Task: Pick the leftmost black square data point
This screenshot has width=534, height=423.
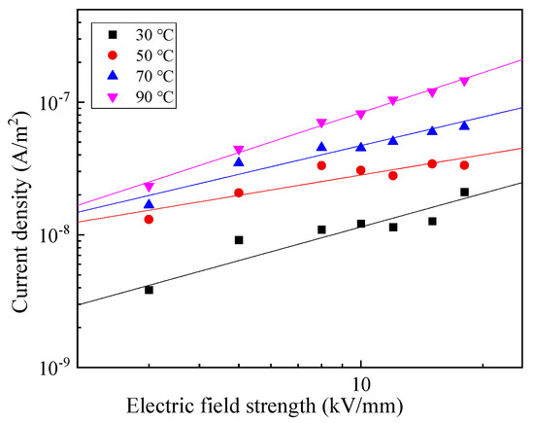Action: pos(149,290)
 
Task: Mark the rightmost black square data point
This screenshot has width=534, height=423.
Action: pos(464,192)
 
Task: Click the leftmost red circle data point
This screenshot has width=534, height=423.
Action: pos(149,219)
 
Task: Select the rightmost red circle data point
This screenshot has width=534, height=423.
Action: pos(464,165)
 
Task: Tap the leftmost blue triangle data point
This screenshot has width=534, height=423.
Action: pos(149,204)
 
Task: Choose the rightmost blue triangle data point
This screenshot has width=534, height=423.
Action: pos(464,125)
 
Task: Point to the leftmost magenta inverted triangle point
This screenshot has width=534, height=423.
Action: pos(149,187)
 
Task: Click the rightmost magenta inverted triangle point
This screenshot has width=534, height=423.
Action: pos(464,82)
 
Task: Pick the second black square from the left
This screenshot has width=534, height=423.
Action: pos(239,239)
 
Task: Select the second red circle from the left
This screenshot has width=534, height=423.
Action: pos(239,193)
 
